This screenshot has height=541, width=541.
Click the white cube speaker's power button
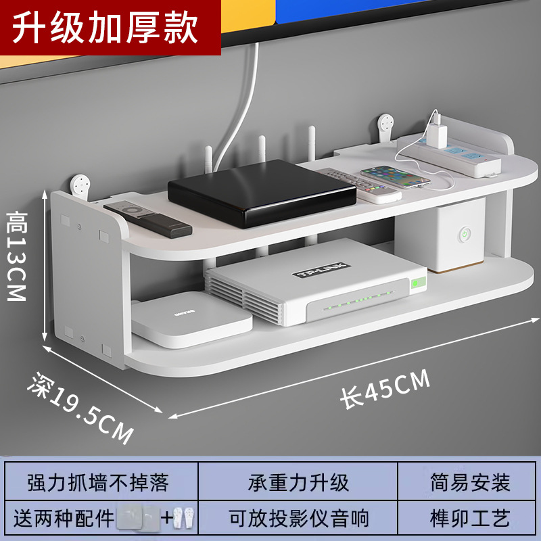[465, 235]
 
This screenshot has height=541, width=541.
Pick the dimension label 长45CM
[385, 390]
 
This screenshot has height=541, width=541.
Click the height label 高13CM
[16, 256]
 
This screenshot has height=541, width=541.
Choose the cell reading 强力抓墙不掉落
[98, 483]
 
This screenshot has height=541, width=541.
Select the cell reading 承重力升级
[298, 483]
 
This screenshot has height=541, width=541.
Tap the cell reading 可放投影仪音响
[298, 519]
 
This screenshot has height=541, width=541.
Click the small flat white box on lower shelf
[191, 321]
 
